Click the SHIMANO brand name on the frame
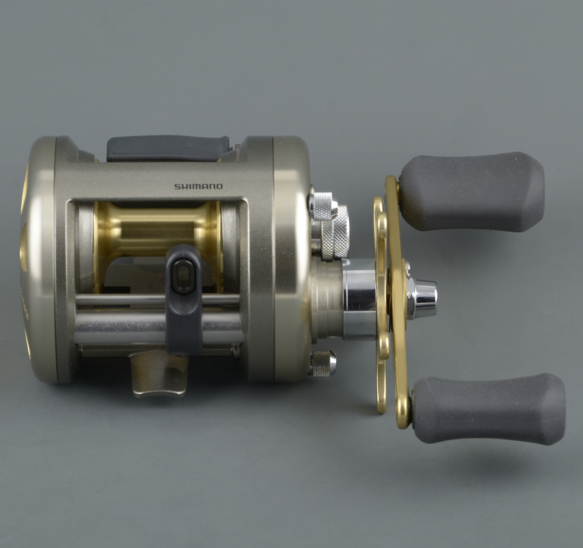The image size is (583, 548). click(198, 187)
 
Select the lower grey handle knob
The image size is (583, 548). click(487, 408)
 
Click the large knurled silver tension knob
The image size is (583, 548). click(333, 233)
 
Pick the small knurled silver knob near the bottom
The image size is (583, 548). click(321, 363)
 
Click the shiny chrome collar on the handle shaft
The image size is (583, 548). click(359, 299)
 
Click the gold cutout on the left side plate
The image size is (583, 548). click(24, 233)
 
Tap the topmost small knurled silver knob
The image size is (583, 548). click(320, 204)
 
